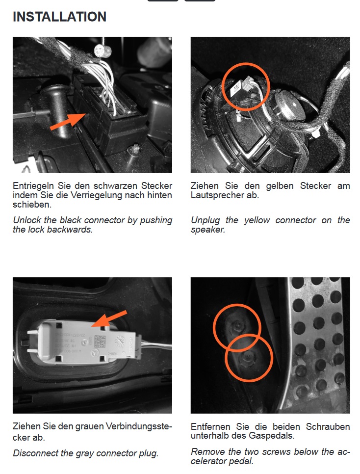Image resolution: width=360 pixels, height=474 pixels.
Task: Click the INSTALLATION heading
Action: pyautogui.click(x=59, y=17)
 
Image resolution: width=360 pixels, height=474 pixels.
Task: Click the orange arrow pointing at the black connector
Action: pyautogui.click(x=68, y=122)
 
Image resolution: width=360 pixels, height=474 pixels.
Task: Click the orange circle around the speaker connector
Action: pyautogui.click(x=223, y=87)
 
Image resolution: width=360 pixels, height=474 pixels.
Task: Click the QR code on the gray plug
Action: pyautogui.click(x=100, y=342)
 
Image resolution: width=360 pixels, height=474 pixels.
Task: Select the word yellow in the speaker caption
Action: pyautogui.click(x=257, y=220)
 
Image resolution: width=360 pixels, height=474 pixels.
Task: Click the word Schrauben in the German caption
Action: pyautogui.click(x=328, y=426)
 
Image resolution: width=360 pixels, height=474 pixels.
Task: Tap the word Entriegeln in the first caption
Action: pyautogui.click(x=33, y=186)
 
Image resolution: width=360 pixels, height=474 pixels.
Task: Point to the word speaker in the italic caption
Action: pyautogui.click(x=208, y=230)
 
